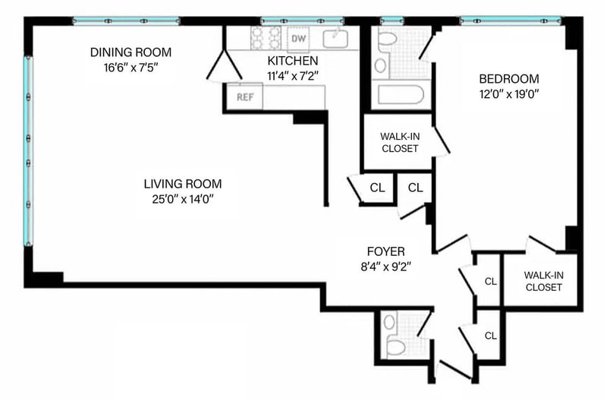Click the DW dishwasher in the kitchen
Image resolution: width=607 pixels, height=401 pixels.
click(x=298, y=39)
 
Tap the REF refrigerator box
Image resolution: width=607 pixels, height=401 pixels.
click(x=244, y=96)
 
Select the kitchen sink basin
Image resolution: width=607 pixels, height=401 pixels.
click(x=335, y=39)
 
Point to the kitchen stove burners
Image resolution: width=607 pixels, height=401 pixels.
click(x=266, y=39)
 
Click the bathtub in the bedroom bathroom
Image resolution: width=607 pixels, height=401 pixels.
click(x=401, y=94)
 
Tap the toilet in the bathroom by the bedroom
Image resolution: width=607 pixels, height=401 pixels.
click(x=387, y=39)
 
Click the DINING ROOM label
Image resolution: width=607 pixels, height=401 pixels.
click(x=131, y=52)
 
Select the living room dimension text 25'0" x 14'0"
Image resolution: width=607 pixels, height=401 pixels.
click(x=183, y=199)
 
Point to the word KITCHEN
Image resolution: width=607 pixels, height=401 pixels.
click(x=293, y=61)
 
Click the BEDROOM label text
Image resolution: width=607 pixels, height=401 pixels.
click(x=509, y=79)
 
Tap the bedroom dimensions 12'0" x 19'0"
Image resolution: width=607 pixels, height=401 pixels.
click(x=509, y=94)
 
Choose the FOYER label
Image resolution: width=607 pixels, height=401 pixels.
click(x=386, y=251)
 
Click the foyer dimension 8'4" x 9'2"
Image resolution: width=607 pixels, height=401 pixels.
click(x=386, y=267)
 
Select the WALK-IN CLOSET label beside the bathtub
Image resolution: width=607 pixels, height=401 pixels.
click(x=400, y=142)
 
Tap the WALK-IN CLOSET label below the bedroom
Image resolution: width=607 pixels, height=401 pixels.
click(x=544, y=281)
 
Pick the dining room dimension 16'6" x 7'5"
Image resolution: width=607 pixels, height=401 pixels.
click(x=131, y=68)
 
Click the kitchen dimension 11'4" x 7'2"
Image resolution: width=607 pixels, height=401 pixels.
click(x=293, y=76)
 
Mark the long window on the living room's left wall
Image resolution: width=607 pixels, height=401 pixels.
click(x=28, y=151)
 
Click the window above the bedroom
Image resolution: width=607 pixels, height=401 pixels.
click(x=510, y=21)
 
